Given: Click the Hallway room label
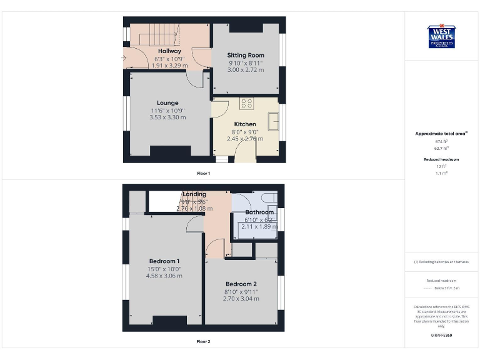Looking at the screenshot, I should click(x=169, y=51).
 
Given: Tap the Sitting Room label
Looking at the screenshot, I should click(x=246, y=56).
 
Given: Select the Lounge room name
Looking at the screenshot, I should click(x=167, y=102).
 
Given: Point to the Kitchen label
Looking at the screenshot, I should click(x=245, y=124).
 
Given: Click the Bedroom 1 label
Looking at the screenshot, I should click(x=164, y=261).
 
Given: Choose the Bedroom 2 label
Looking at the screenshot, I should click(x=241, y=284).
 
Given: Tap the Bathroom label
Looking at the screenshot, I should click(x=259, y=212).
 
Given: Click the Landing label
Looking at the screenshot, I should click(x=195, y=194).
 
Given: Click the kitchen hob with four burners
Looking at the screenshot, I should click(x=246, y=104).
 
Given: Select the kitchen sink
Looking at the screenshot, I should click(x=273, y=119).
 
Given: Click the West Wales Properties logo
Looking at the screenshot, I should click(x=441, y=36).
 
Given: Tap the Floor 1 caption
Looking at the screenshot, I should click(x=204, y=172).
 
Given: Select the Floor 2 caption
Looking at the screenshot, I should click(x=204, y=341).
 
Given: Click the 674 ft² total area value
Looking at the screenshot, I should click(x=441, y=142).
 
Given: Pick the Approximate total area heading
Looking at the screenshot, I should click(x=441, y=134).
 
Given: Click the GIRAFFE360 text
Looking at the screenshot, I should click(x=441, y=336).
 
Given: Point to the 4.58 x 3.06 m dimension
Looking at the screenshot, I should click(x=164, y=276).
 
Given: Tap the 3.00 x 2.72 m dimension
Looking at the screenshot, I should click(x=246, y=70).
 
